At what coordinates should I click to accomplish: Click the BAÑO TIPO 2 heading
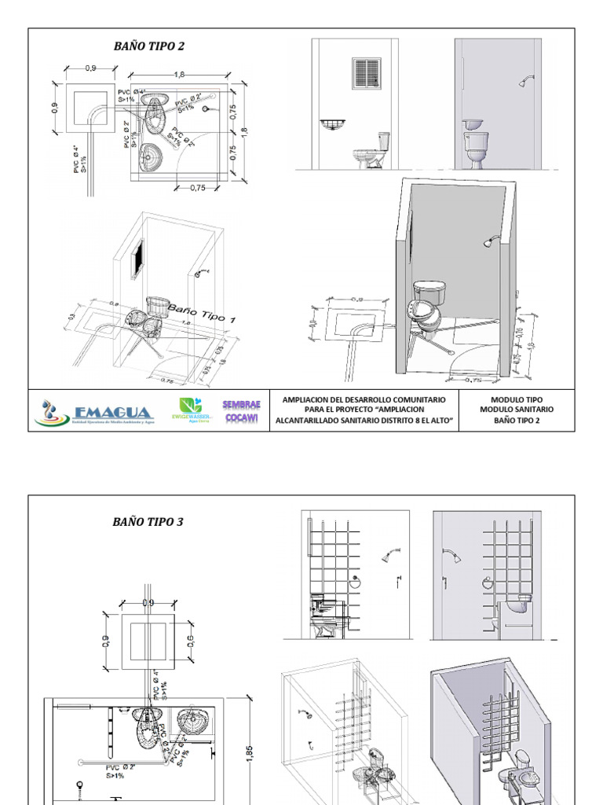coord(148,46)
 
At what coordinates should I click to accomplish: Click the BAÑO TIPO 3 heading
coord(148,521)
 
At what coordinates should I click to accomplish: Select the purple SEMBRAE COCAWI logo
coord(241,411)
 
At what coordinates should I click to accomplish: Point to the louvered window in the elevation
coord(365,72)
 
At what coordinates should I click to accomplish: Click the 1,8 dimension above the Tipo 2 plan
coord(180,74)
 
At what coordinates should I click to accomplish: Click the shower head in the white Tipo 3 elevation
coord(390,556)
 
